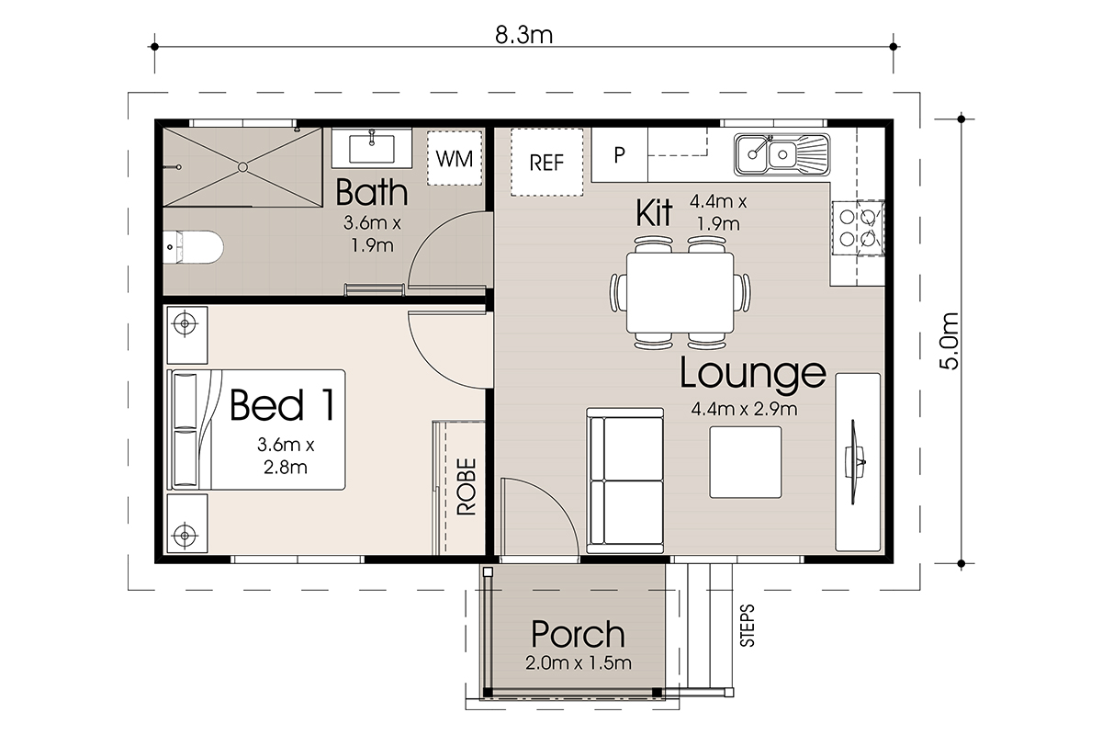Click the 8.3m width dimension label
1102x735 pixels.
pyautogui.click(x=524, y=35)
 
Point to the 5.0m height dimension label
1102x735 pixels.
pyautogui.click(x=949, y=341)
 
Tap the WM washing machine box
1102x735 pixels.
pyautogui.click(x=454, y=158)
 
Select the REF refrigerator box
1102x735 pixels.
pyautogui.click(x=546, y=163)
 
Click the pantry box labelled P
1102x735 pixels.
pyautogui.click(x=619, y=154)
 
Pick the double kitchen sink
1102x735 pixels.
pyautogui.click(x=782, y=154)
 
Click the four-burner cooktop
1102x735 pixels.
pyautogui.click(x=858, y=228)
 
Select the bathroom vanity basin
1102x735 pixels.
pyautogui.click(x=371, y=148)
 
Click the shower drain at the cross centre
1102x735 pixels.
pyautogui.click(x=242, y=167)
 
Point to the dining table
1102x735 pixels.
pyautogui.click(x=680, y=293)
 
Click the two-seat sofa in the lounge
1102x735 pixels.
pyautogui.click(x=624, y=481)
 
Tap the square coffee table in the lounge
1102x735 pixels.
pyautogui.click(x=746, y=462)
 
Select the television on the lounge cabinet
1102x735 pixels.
pyautogui.click(x=855, y=462)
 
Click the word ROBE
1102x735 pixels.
pyautogui.click(x=467, y=487)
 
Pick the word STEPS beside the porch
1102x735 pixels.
pyautogui.click(x=747, y=626)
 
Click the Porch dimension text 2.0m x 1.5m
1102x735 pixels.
pyautogui.click(x=578, y=663)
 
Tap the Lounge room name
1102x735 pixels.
pyautogui.click(x=752, y=374)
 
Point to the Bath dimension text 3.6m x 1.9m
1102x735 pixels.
pyautogui.click(x=373, y=234)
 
